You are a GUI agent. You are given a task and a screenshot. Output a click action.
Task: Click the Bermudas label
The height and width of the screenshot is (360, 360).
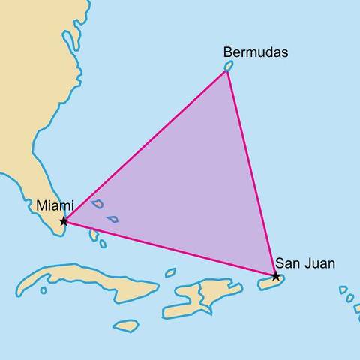point(256,52)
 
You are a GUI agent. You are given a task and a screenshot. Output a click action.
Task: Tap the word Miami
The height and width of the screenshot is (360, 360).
point(55,204)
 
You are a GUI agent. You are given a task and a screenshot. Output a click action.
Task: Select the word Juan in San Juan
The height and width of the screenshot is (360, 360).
point(320,262)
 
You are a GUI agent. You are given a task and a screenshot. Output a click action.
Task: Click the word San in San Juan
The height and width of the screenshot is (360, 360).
point(288,262)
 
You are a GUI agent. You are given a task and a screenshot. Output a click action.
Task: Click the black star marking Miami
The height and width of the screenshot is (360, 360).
point(64,221)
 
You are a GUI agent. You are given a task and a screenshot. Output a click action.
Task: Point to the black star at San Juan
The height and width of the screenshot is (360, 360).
point(276,277)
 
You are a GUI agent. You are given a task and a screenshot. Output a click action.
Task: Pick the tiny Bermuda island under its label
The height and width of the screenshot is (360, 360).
point(228,67)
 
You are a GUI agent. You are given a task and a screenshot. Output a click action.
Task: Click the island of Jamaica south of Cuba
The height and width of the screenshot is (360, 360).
point(126,325)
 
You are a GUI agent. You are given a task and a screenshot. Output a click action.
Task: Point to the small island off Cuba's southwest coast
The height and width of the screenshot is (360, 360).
point(43,289)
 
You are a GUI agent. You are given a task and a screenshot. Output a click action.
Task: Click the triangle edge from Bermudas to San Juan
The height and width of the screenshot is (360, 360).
point(251,172)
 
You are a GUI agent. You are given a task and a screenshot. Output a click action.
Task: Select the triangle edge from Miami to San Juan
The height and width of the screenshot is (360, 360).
point(169,249)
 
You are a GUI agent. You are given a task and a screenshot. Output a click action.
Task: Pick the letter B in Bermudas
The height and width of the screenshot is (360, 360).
point(228,52)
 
